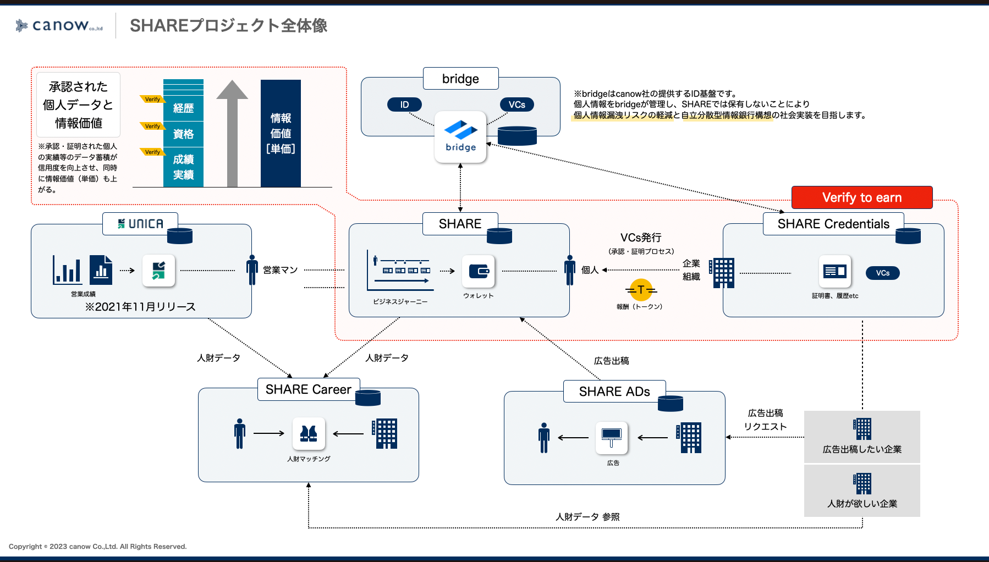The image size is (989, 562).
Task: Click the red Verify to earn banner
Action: (x=861, y=197)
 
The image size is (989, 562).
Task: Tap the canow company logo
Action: (x=59, y=25)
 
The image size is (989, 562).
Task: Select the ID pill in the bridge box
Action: (x=404, y=104)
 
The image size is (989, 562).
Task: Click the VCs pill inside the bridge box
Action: (x=517, y=104)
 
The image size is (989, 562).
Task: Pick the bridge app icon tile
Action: (x=460, y=137)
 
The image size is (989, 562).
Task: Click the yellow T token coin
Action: (x=641, y=290)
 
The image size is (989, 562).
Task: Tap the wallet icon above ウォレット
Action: (x=479, y=271)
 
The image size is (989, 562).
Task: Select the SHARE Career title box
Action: (x=308, y=389)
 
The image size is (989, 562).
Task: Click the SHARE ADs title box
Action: (x=614, y=392)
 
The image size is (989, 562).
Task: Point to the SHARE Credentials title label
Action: (x=833, y=224)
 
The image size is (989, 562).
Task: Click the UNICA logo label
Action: (x=140, y=224)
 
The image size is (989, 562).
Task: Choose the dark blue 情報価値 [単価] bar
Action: (x=281, y=133)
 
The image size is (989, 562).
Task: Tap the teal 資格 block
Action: (x=183, y=134)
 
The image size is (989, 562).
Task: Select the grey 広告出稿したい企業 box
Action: (x=862, y=437)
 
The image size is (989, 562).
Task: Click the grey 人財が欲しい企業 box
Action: (x=862, y=491)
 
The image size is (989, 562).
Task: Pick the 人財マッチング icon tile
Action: (x=309, y=434)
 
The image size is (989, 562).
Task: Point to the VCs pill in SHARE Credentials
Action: (x=882, y=273)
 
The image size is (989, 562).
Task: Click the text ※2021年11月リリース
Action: (x=140, y=307)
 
